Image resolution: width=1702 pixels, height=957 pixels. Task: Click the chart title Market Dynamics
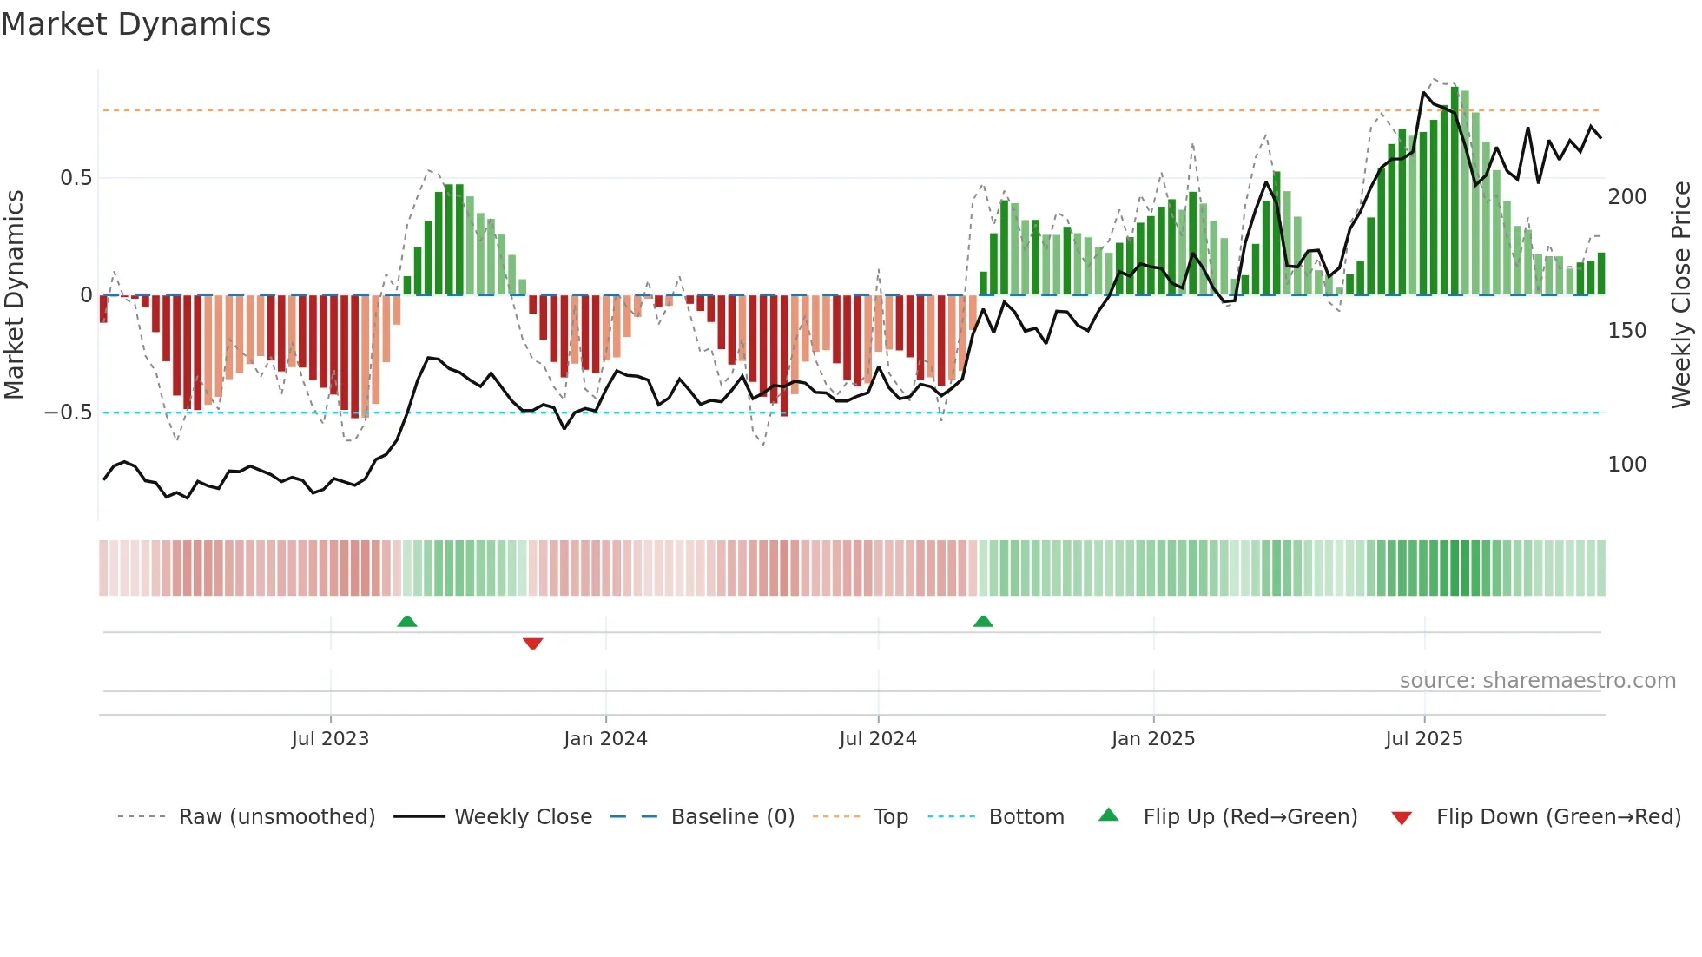[x=135, y=24]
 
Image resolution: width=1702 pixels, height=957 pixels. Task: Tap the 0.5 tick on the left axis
[x=76, y=178]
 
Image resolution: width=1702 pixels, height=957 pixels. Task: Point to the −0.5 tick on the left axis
[x=69, y=412]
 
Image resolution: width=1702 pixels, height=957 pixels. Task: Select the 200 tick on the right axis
[x=1626, y=197]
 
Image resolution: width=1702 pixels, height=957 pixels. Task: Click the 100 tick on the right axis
[x=1626, y=465]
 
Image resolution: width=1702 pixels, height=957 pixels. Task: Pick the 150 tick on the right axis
[x=1626, y=331]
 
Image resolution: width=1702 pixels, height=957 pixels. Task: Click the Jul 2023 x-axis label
[x=330, y=739]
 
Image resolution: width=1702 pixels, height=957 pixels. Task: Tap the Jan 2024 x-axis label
[x=605, y=739]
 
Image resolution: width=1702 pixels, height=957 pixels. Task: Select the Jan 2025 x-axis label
[x=1152, y=739]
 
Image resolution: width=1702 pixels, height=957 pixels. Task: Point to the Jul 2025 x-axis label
[x=1423, y=739]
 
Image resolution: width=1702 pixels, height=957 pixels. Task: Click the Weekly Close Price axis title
[x=1681, y=295]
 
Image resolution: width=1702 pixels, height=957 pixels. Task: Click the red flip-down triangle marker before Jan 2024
[x=532, y=643]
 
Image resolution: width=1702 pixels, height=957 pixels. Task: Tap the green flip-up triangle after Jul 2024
[x=983, y=621]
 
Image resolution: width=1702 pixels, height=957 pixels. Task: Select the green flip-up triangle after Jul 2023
[x=406, y=621]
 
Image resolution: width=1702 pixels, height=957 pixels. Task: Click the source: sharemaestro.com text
[x=1537, y=681]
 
